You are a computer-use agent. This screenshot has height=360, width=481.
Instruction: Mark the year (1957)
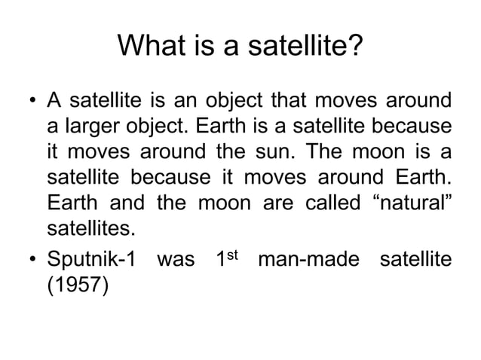tap(78, 287)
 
